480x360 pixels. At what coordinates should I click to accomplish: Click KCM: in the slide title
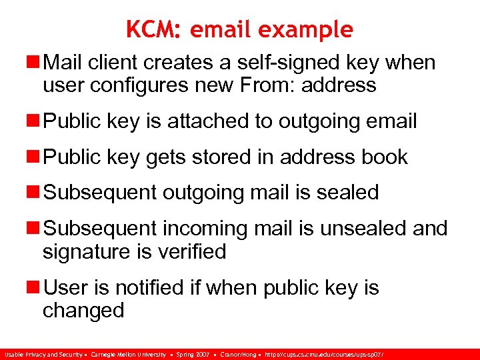[x=155, y=29]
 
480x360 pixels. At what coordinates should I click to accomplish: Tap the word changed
[x=83, y=310]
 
